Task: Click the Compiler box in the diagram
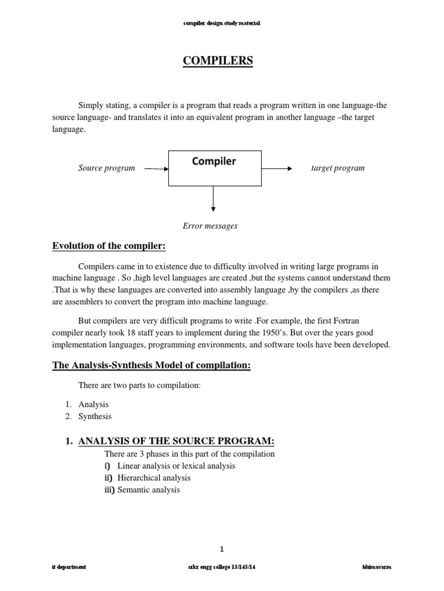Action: pyautogui.click(x=214, y=168)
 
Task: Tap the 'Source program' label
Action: pyautogui.click(x=106, y=169)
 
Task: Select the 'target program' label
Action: pyautogui.click(x=338, y=169)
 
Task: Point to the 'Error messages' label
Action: pyautogui.click(x=210, y=226)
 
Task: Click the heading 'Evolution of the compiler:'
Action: pyautogui.click(x=109, y=246)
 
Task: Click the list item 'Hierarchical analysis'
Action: pyautogui.click(x=154, y=478)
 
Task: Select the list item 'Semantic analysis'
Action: pyautogui.click(x=149, y=490)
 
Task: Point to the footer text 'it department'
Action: pyautogui.click(x=69, y=568)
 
